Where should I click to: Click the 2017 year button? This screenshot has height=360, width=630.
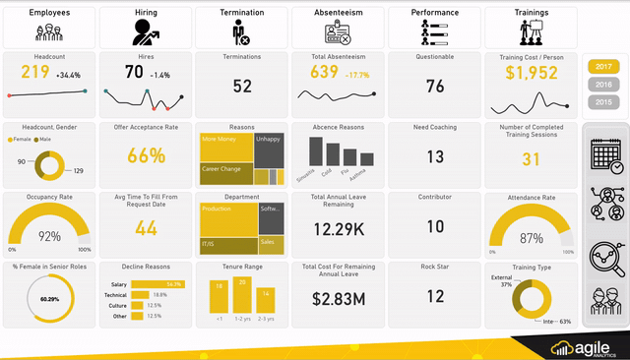point(601,66)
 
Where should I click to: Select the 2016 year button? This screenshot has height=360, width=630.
point(601,85)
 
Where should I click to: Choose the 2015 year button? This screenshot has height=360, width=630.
point(601,102)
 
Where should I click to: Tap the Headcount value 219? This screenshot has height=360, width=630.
point(34,72)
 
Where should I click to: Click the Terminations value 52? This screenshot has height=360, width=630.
point(242,86)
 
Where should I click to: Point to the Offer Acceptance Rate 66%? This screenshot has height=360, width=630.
point(146,155)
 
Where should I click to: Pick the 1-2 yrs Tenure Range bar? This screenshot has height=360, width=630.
point(242,294)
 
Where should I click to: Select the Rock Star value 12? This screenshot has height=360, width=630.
point(435,295)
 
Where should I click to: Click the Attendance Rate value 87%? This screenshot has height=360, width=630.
point(531,238)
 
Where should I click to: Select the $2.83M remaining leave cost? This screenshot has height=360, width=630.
point(339,298)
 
